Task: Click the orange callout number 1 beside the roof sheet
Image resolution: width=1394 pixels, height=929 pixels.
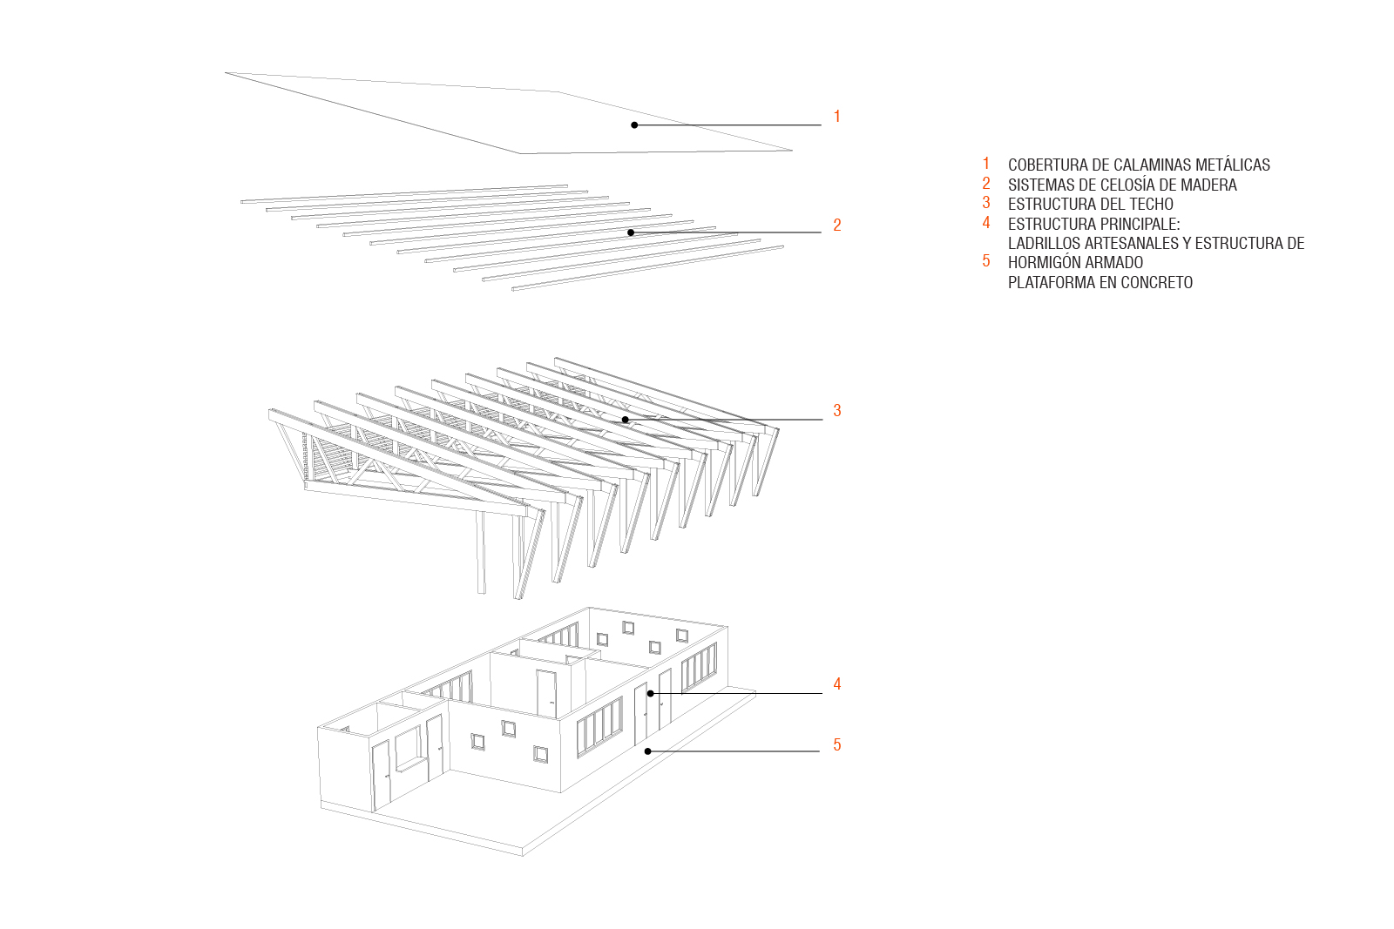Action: coord(837,117)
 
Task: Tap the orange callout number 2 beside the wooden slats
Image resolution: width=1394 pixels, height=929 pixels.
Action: coord(837,226)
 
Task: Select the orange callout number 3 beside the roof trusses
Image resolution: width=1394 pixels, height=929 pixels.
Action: coord(837,410)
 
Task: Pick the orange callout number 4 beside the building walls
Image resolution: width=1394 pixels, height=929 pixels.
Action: coord(837,684)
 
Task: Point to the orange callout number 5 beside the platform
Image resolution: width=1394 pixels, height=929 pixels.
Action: coord(837,745)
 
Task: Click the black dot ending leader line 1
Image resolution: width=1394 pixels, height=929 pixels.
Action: coord(634,125)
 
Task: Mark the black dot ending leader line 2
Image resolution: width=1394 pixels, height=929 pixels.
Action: coord(631,232)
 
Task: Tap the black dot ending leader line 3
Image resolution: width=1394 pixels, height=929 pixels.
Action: coord(626,420)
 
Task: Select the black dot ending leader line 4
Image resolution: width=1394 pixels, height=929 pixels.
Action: coord(650,693)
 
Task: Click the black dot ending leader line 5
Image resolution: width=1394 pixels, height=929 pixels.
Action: coord(648,751)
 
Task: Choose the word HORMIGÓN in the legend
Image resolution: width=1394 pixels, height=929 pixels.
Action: coord(1040,262)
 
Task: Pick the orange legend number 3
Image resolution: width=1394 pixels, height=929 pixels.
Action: coord(986,203)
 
